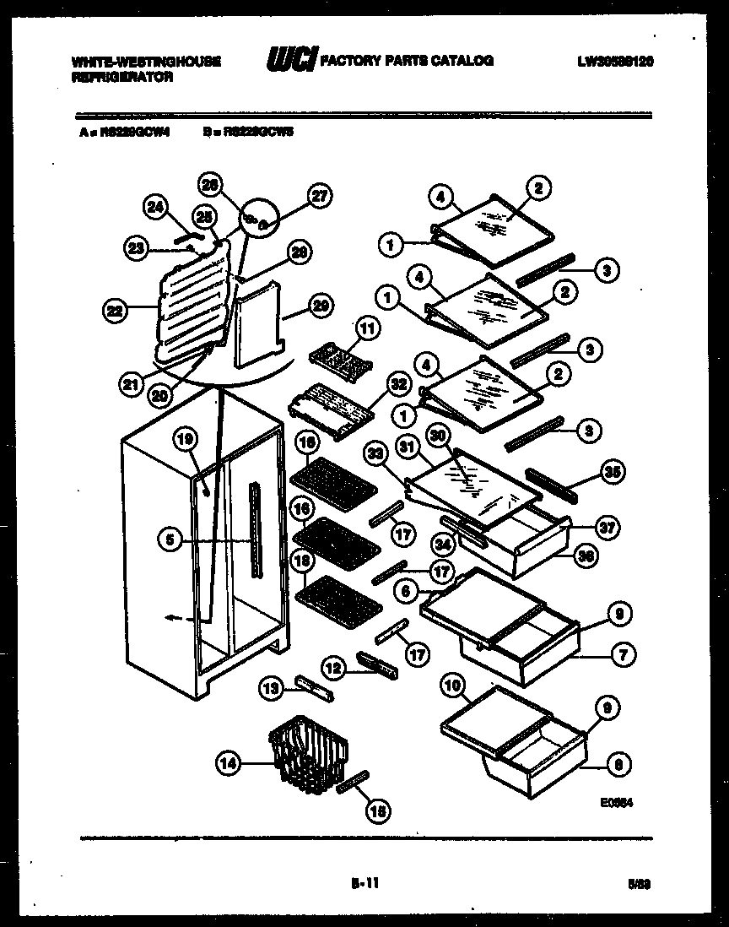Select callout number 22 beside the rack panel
coord(114,311)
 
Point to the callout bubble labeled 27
coord(319,196)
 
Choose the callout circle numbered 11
coord(368,327)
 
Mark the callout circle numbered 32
coord(399,385)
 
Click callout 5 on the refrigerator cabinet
coord(170,540)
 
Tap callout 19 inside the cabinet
coord(186,437)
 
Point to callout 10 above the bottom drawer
coord(454,687)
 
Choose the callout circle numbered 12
coord(334,669)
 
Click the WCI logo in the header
coord(291,60)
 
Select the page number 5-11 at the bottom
coord(364,884)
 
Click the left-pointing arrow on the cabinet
coord(172,619)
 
